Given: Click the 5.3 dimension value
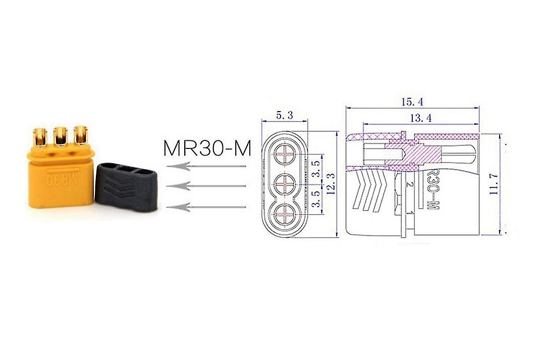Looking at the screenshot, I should tap(284, 115).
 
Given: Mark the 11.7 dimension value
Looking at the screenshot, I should tap(494, 185).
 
